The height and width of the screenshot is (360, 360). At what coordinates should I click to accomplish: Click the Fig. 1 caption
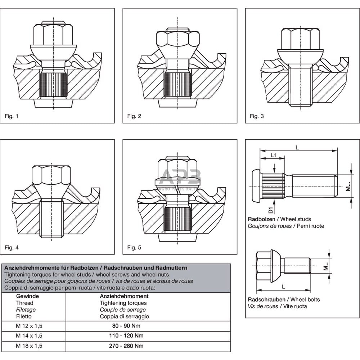pos(11,116)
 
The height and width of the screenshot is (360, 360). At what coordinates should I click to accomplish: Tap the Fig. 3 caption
pos(257,116)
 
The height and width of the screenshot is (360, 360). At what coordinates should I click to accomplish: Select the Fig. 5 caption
pos(134,247)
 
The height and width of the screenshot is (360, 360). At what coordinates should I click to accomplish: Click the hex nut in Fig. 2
pos(177,38)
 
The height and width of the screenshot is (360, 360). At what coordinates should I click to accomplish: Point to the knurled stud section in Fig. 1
pos(53,85)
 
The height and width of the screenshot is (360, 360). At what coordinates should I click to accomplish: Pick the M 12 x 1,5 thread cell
pos(29,326)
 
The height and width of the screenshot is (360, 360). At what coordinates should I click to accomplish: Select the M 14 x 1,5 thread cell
pos(29,336)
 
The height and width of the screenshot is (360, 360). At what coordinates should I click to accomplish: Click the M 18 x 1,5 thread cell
pos(29,346)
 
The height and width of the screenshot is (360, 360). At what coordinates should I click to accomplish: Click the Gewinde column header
pos(27,296)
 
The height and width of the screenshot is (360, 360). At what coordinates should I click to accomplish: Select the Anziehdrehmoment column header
pos(124,296)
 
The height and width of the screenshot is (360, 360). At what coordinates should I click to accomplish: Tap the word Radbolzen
pos(261,219)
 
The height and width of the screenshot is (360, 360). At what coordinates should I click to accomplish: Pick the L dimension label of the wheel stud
pos(297,147)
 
